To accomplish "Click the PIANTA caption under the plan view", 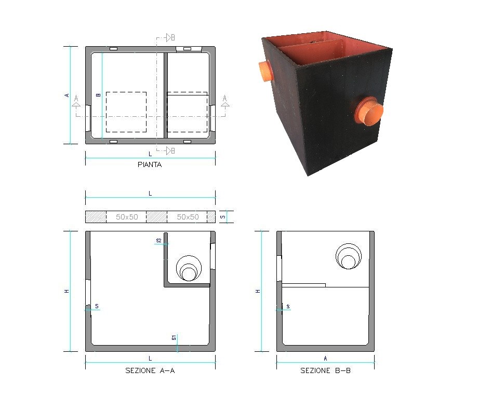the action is pos(150,164).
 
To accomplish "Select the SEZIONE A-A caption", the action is pos(150,370).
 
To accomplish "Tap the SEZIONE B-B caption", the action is pos(325,370).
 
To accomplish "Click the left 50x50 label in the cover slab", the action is pos(127,217).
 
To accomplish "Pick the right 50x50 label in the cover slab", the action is pos(188,217).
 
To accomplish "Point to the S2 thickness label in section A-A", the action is pos(158,241).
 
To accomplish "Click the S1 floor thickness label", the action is pos(174,338).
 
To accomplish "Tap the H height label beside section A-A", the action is pos(67,291).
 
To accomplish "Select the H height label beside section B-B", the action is pos(258,291).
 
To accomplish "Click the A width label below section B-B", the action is pos(325,358).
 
